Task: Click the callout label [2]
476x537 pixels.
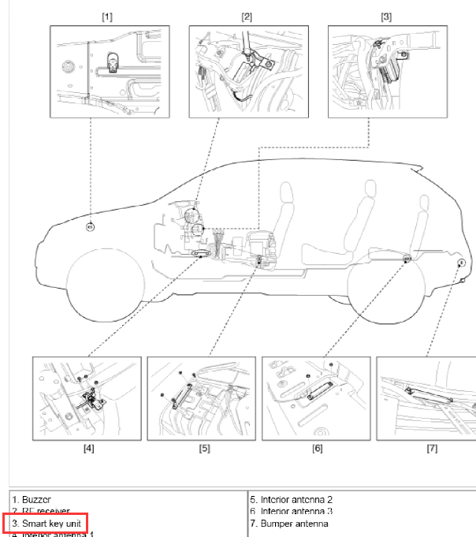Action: pyautogui.click(x=247, y=15)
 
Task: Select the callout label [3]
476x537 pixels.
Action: pyautogui.click(x=386, y=15)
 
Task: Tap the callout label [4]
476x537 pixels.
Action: pyautogui.click(x=89, y=449)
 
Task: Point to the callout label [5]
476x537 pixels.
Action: pyautogui.click(x=204, y=449)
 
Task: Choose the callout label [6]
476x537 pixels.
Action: pyautogui.click(x=318, y=449)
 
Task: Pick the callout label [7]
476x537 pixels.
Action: pyautogui.click(x=432, y=449)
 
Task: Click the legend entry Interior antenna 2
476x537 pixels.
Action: pyautogui.click(x=291, y=499)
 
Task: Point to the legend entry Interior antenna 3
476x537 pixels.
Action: pyautogui.click(x=291, y=511)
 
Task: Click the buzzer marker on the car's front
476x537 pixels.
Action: pyautogui.click(x=90, y=228)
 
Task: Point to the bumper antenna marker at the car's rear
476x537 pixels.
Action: pyautogui.click(x=460, y=262)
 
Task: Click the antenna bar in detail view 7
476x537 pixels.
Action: pyautogui.click(x=430, y=394)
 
